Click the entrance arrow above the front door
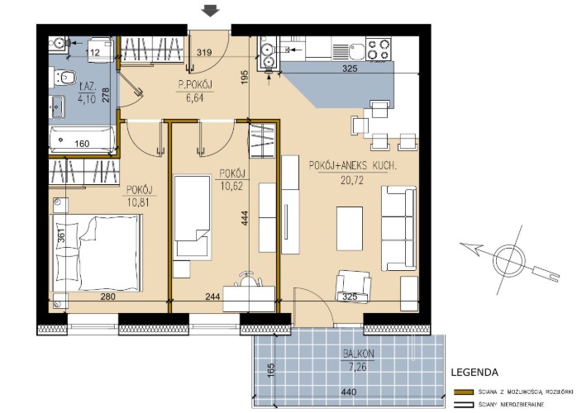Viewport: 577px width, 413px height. pyautogui.click(x=211, y=11)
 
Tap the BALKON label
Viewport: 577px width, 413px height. pyautogui.click(x=359, y=354)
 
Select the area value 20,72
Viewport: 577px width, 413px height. pyautogui.click(x=352, y=180)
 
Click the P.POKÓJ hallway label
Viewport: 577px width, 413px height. pyautogui.click(x=195, y=85)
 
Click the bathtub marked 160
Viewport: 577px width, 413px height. pyautogui.click(x=82, y=140)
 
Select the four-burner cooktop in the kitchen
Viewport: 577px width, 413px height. pyautogui.click(x=379, y=50)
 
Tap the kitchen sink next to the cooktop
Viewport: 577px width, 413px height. pyautogui.click(x=349, y=50)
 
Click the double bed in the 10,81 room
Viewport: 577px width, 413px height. pyautogui.click(x=97, y=253)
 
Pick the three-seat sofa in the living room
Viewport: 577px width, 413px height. pyautogui.click(x=399, y=228)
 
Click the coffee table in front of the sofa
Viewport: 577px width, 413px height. pyautogui.click(x=350, y=228)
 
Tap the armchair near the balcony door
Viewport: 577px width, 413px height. pyautogui.click(x=352, y=287)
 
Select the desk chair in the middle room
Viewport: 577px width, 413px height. pyautogui.click(x=249, y=278)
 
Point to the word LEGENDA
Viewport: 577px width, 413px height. pyautogui.click(x=474, y=373)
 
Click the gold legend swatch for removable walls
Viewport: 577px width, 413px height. pyautogui.click(x=464, y=392)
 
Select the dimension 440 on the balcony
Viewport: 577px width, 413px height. pyautogui.click(x=348, y=392)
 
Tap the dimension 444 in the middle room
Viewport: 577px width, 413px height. pyautogui.click(x=245, y=218)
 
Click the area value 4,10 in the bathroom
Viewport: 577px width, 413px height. pyautogui.click(x=87, y=98)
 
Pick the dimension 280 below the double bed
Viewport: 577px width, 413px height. pyautogui.click(x=107, y=297)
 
